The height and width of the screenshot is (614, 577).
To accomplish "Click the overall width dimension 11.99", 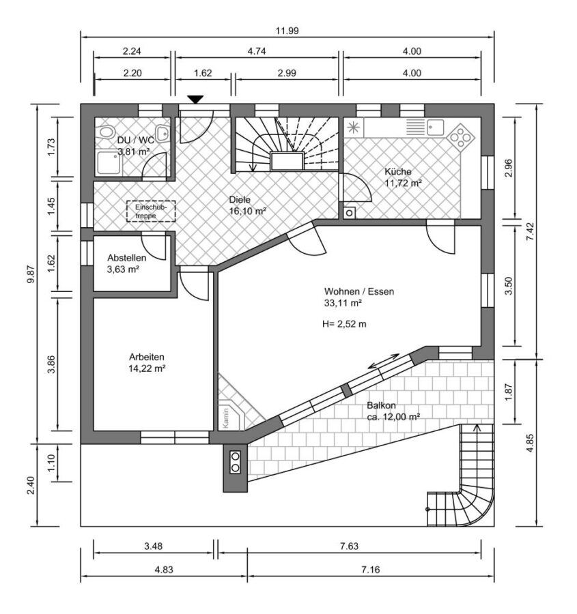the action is click(287, 31).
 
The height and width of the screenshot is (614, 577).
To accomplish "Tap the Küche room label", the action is click(398, 171).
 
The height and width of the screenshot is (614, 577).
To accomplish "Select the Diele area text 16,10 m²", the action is click(248, 211).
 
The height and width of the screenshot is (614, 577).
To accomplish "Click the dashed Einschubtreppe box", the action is click(151, 211).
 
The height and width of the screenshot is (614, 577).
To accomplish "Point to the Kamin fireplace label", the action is click(226, 418).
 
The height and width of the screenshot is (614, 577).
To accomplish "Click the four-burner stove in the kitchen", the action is click(461, 137).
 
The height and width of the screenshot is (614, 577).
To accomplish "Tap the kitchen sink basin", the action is click(436, 128).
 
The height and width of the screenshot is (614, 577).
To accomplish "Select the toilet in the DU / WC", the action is click(105, 132).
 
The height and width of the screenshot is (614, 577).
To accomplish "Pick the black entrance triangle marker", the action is click(195, 100).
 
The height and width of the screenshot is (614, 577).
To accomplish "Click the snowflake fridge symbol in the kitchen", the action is click(354, 128).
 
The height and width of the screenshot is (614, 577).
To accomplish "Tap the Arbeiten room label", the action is click(147, 357).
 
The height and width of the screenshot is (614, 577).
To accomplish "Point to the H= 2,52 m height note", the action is click(344, 324).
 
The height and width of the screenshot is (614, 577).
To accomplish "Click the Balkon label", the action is click(381, 406).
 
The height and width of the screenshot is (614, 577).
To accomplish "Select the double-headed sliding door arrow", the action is click(384, 361).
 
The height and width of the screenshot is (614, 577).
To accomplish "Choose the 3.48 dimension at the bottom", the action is click(153, 546).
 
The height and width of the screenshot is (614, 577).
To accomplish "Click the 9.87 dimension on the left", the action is click(31, 274).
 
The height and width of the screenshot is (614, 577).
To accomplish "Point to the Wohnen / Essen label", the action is click(358, 292).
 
